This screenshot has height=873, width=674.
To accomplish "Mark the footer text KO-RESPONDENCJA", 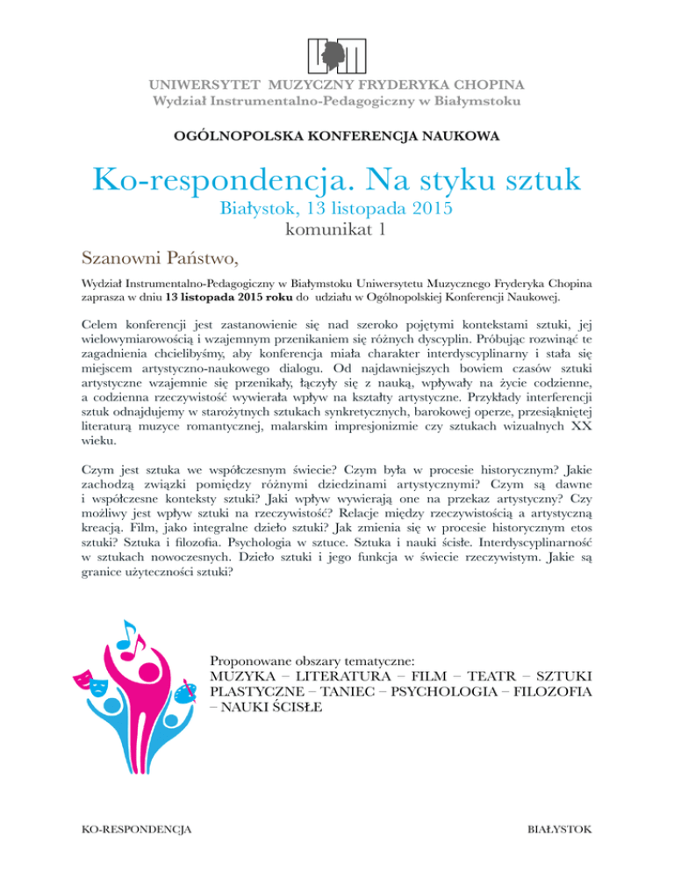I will coord(138,828).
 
